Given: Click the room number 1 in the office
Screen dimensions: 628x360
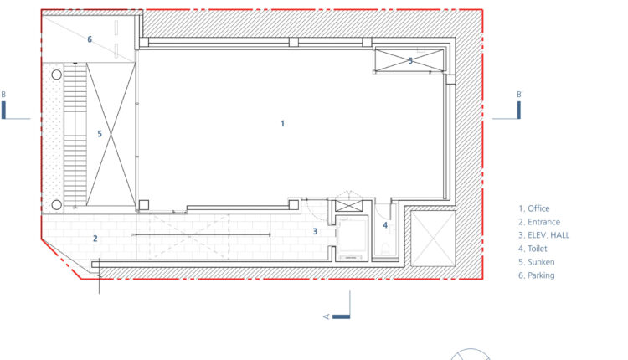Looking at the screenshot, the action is (x=283, y=124).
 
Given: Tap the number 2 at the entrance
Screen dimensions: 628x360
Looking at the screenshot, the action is (x=95, y=239).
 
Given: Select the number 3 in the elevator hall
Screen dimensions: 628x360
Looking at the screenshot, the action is (x=315, y=231).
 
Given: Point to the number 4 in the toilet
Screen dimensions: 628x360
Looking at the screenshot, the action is (x=385, y=225).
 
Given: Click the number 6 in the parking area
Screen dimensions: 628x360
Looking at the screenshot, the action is (x=90, y=39).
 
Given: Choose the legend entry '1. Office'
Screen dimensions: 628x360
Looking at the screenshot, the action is (x=534, y=208).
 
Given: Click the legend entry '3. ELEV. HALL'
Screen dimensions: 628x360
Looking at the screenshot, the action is (x=543, y=235).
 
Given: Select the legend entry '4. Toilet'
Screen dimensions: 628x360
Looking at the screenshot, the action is (x=533, y=249).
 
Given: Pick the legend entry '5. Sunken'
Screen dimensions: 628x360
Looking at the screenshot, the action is (x=536, y=262).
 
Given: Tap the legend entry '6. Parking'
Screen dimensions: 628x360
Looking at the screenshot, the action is (x=536, y=275).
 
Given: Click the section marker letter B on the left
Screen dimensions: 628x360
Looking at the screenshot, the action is (x=3, y=95).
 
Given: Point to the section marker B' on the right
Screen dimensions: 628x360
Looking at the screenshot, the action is (x=519, y=95).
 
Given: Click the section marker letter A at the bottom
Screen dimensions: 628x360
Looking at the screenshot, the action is (x=326, y=316).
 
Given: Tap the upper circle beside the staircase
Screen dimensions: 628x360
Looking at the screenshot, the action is (x=56, y=75).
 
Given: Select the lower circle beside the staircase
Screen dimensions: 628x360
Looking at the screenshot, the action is (x=56, y=204).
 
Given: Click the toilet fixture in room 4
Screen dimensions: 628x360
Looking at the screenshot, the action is (x=385, y=249).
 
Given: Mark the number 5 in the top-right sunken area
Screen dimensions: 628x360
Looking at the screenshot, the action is (x=410, y=61).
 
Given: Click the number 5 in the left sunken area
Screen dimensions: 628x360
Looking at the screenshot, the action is (x=100, y=134).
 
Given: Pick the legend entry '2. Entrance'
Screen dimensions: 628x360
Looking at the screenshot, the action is (x=539, y=222).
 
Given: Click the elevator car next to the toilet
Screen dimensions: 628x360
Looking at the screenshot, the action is (x=352, y=238).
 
